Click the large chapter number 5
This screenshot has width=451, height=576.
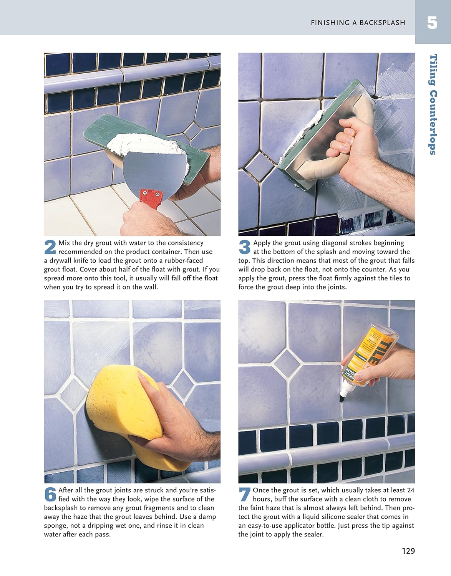click(x=432, y=23)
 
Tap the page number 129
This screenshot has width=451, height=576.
click(x=408, y=551)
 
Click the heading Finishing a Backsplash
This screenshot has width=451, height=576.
click(x=358, y=23)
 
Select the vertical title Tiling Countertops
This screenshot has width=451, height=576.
click(x=433, y=104)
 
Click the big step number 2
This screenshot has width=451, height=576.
click(x=50, y=247)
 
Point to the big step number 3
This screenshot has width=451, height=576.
click(x=244, y=247)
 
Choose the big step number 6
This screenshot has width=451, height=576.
click(x=50, y=494)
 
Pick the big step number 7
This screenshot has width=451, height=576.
click(x=244, y=494)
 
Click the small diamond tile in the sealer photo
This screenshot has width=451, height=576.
click(x=287, y=362)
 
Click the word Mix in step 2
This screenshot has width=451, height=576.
click(x=64, y=243)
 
